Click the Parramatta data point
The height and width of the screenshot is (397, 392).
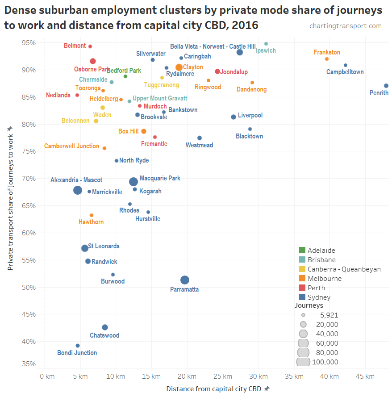pyautogui.click(x=185, y=280)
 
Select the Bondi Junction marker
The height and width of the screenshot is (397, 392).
pyautogui.click(x=78, y=346)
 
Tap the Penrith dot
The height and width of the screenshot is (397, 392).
pyautogui.click(x=386, y=86)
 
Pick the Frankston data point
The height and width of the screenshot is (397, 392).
pyautogui.click(x=327, y=59)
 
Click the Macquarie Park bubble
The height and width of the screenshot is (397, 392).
pyautogui.click(x=133, y=182)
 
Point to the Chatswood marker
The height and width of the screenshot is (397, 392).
pyautogui.click(x=105, y=327)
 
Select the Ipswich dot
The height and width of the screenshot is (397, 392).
pyautogui.click(x=266, y=44)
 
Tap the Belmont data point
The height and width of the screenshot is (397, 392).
pyautogui.click(x=90, y=46)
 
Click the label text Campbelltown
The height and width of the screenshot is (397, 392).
pyautogui.click(x=345, y=72)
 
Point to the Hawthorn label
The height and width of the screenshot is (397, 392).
pyautogui.click(x=91, y=222)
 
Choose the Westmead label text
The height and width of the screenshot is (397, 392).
pyautogui.click(x=200, y=145)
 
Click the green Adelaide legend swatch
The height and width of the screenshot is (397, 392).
pyautogui.click(x=302, y=251)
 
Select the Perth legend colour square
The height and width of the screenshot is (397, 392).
pyautogui.click(x=302, y=288)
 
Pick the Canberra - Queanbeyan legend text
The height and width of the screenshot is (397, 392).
pyautogui.click(x=344, y=269)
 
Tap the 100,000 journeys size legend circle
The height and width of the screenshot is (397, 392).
pyautogui.click(x=303, y=362)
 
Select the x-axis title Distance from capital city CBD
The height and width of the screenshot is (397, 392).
pyautogui.click(x=214, y=389)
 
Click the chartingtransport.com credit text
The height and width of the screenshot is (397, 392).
pyautogui.click(x=346, y=26)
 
